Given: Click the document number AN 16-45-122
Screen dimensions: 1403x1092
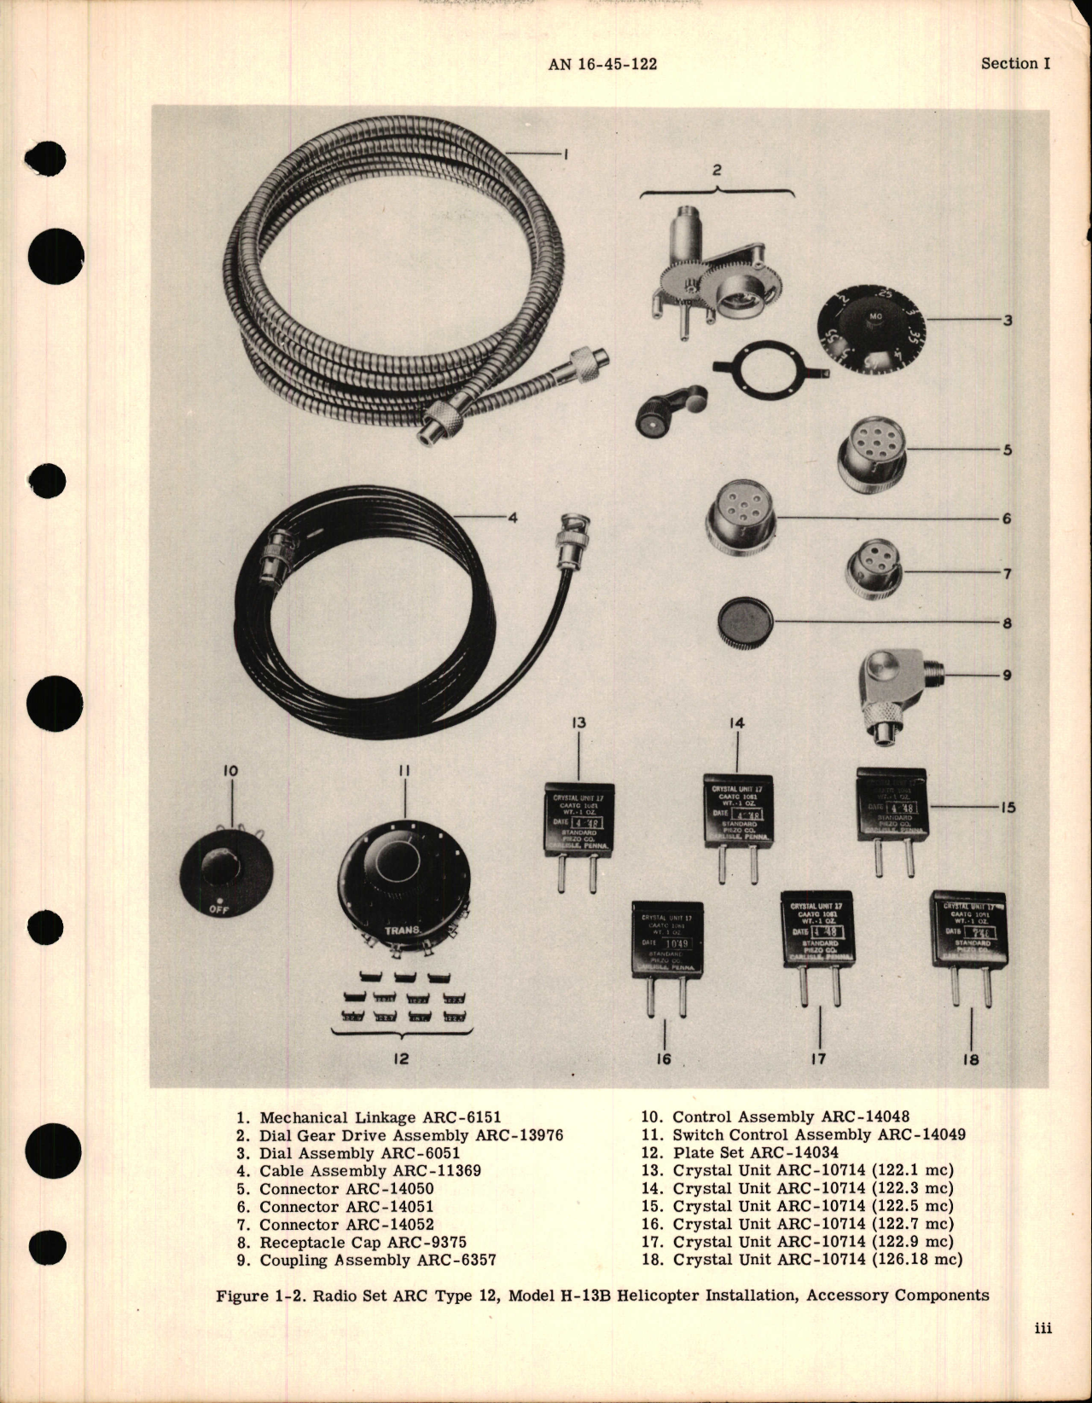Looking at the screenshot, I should (x=603, y=64).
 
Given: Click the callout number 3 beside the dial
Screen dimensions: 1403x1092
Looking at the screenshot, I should (x=1008, y=321).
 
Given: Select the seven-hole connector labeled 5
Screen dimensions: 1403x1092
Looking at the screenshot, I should (x=870, y=456).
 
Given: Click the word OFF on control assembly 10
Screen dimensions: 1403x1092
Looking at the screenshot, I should (x=221, y=909).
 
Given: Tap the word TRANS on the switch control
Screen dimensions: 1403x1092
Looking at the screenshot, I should (x=401, y=930).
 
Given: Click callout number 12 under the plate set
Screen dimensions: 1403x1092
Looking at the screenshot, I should (x=401, y=1058).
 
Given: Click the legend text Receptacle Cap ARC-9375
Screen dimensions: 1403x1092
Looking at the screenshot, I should (x=363, y=1242).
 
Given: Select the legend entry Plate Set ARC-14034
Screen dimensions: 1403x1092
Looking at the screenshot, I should (x=743, y=1152).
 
